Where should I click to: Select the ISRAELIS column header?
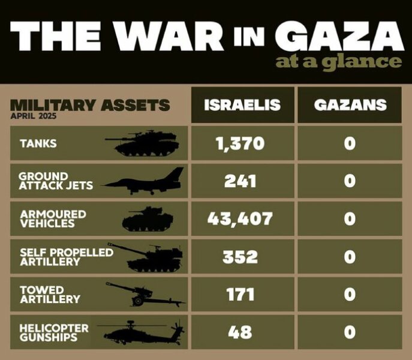point(242,105)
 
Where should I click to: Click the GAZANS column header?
point(350,105)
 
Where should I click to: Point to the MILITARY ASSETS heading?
point(90,106)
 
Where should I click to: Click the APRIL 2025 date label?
point(34,116)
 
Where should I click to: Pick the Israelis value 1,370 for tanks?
point(240,143)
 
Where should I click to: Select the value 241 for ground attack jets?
point(240,181)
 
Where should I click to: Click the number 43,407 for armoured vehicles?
point(240,218)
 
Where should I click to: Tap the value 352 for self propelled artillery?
point(240,257)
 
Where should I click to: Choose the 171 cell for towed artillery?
point(240,295)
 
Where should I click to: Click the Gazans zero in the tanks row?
point(350,143)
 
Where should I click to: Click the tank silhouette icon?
point(142,143)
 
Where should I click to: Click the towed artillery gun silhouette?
point(144,294)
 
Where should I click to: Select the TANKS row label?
point(38,144)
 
